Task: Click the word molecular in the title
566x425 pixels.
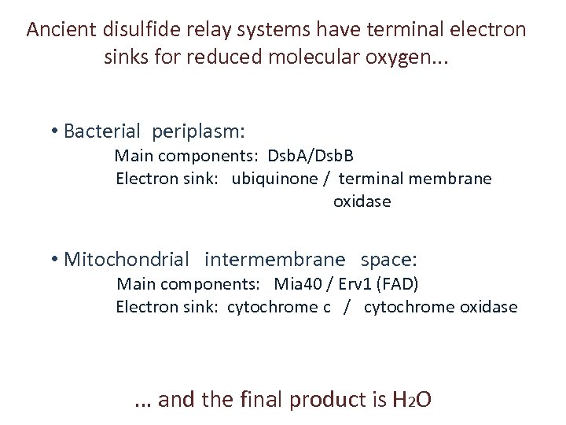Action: (x=322, y=57)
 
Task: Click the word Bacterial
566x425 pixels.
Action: (x=102, y=131)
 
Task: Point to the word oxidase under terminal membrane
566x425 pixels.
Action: (x=362, y=202)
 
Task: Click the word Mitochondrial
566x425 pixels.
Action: (x=127, y=259)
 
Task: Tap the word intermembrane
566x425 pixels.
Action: (x=274, y=259)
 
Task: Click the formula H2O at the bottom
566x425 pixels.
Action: (x=410, y=400)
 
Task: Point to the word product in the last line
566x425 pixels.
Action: (x=326, y=400)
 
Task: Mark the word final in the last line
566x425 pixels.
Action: (x=260, y=400)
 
